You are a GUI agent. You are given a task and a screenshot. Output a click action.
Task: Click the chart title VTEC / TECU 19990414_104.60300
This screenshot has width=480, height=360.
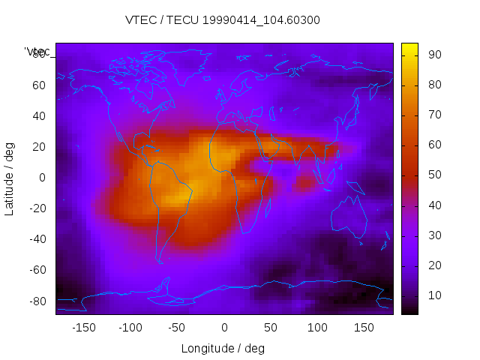coord(223,20)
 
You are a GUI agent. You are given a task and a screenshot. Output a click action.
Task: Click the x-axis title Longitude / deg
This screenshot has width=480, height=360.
coord(223,348)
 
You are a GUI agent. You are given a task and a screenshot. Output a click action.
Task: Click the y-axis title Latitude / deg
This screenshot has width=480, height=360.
coord(10,177)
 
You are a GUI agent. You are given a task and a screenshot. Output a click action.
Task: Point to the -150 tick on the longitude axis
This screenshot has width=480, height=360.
coord(83,327)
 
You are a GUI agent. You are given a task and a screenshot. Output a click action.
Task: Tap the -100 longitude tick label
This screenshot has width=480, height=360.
coord(130,327)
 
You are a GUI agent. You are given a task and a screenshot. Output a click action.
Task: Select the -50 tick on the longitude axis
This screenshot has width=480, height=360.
coord(177,327)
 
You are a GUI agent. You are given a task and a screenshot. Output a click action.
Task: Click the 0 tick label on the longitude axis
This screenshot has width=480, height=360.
coord(224,327)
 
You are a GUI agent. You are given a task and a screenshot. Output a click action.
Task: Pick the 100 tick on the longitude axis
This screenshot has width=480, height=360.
coord(317,327)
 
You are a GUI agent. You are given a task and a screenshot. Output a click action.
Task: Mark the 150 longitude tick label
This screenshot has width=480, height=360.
coord(364,327)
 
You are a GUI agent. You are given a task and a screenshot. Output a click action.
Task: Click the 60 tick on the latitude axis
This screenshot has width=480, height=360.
coord(39,85)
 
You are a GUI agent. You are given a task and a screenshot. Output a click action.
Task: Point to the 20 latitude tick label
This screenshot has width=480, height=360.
coord(39,146)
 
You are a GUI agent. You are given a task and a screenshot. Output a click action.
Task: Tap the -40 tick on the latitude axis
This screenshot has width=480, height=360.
coord(37,239)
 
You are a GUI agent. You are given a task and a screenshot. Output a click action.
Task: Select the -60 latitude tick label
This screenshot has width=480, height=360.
coord(37,270)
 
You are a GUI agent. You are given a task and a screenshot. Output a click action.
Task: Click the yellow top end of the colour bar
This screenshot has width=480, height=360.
coord(409,48)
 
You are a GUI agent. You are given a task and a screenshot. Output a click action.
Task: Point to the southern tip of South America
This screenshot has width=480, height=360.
coord(160,262)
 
